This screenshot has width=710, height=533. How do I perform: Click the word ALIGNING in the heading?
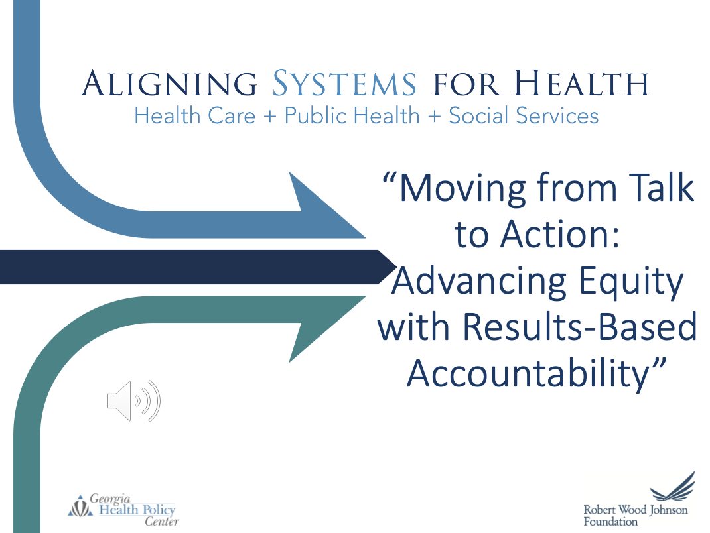169,84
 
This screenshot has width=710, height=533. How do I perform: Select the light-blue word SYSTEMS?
344,84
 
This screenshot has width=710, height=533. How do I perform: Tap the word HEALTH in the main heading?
581,84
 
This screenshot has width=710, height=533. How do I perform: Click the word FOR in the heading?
467,84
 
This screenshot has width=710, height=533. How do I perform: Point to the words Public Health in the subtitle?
352,115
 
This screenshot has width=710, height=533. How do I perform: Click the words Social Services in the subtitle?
524,115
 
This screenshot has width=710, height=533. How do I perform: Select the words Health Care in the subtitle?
195,115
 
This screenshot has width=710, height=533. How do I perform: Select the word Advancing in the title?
479,282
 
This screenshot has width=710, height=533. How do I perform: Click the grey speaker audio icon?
134,401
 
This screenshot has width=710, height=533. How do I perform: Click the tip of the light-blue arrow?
366,237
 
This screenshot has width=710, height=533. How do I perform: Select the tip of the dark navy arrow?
397,267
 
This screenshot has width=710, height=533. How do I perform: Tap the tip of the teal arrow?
366,296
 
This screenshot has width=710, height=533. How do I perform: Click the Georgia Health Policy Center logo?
123,510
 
